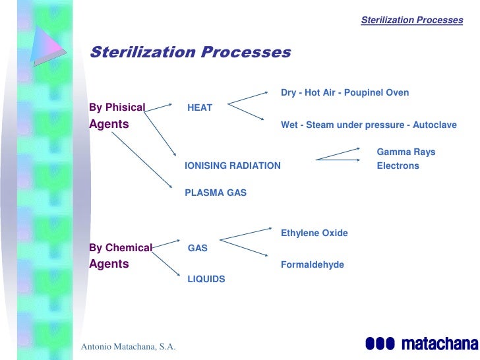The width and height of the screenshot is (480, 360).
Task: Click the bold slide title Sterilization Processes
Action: tap(190, 52)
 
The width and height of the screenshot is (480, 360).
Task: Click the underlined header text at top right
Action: tap(412, 20)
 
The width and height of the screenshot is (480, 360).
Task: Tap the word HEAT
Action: tap(200, 107)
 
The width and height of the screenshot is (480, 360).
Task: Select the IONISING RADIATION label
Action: tap(232, 165)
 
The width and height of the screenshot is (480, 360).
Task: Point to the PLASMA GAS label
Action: tap(215, 193)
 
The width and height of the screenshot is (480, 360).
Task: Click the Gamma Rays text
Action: tap(405, 152)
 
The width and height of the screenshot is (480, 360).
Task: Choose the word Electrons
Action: tap(398, 165)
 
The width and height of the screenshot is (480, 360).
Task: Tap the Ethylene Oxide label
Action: tap(314, 233)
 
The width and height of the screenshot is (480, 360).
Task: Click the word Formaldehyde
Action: tap(312, 264)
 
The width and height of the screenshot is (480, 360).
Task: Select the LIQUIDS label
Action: tap(206, 279)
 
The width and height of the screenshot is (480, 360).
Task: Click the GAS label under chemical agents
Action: tap(197, 249)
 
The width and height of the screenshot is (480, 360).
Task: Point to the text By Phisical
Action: tap(117, 107)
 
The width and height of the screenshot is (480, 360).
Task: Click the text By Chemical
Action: tap(120, 248)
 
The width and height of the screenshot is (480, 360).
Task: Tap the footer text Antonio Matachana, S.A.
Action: tap(128, 347)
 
